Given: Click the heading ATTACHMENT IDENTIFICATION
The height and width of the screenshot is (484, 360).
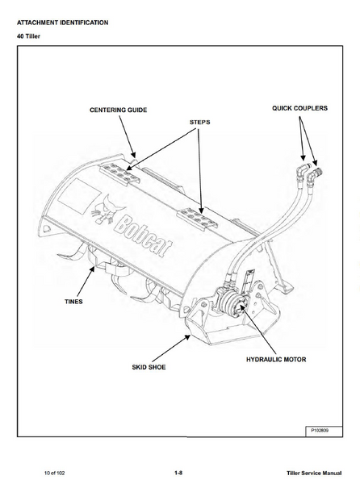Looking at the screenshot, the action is tap(62, 23).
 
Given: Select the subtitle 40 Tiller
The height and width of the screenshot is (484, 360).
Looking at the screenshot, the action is tap(28, 36).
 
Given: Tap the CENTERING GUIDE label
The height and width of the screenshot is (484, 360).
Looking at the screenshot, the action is tap(118, 110).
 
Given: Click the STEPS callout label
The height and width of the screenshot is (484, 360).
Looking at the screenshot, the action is tap(199, 123).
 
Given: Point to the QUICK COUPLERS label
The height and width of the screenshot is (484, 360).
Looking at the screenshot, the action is tap(299, 108).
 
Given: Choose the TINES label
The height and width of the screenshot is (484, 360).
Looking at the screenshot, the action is tap(73, 302).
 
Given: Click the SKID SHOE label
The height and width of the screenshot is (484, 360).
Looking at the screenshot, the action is tap(149, 367).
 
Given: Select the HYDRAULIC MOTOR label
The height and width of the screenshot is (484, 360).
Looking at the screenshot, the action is tap(276, 359).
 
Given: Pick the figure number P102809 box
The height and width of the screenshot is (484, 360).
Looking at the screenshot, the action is tap(324, 431).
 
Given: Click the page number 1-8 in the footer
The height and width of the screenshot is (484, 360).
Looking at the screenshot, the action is tap(178, 473).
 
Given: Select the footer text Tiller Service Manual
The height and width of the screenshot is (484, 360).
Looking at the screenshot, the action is tap(314, 473).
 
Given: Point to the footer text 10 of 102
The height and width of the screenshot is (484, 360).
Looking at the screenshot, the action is tap(55, 473).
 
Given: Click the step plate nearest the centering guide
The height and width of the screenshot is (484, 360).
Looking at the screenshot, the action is tap(119, 173).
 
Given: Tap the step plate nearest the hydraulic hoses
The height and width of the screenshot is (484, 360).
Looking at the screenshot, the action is tap(198, 218).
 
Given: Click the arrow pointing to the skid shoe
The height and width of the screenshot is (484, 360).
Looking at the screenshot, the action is tap(171, 348).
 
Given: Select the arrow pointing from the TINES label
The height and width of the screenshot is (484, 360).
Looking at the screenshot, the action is tap(86, 282).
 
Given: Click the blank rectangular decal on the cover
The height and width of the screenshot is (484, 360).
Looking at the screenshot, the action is tap(79, 196).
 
